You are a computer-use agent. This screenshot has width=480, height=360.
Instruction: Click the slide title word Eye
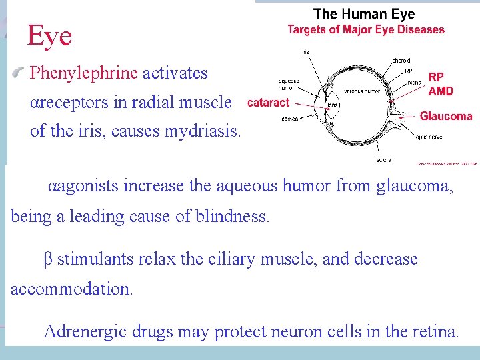click(x=49, y=36)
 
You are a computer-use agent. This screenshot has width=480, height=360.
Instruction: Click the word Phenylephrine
click(x=84, y=73)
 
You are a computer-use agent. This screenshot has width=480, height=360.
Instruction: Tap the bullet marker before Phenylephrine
click(x=22, y=72)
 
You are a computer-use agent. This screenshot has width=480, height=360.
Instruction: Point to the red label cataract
click(x=268, y=103)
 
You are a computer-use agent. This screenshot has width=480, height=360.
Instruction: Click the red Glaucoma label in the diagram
click(x=445, y=116)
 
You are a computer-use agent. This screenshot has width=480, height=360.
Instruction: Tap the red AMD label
click(x=441, y=91)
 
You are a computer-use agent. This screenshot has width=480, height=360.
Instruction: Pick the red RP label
click(x=436, y=77)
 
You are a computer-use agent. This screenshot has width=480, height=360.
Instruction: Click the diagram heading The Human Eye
click(x=364, y=13)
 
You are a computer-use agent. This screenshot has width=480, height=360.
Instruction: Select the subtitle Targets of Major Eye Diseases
click(x=366, y=29)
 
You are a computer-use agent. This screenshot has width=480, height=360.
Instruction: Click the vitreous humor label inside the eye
click(x=363, y=90)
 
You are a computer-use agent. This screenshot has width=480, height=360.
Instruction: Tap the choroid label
click(x=401, y=61)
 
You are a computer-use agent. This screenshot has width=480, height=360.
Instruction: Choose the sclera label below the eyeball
click(x=383, y=160)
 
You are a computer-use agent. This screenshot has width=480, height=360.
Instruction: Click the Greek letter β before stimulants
click(x=47, y=259)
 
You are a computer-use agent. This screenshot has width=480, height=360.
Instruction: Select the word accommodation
click(x=71, y=289)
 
